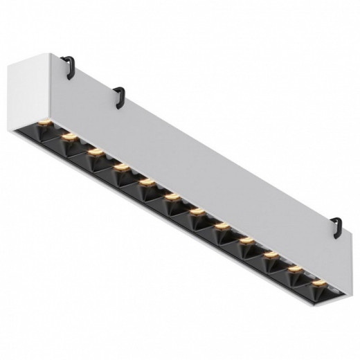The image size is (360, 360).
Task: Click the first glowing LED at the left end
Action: [x=43, y=123]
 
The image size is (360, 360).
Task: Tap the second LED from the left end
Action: [x=68, y=137]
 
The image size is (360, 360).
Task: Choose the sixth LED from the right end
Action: [x=196, y=210]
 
